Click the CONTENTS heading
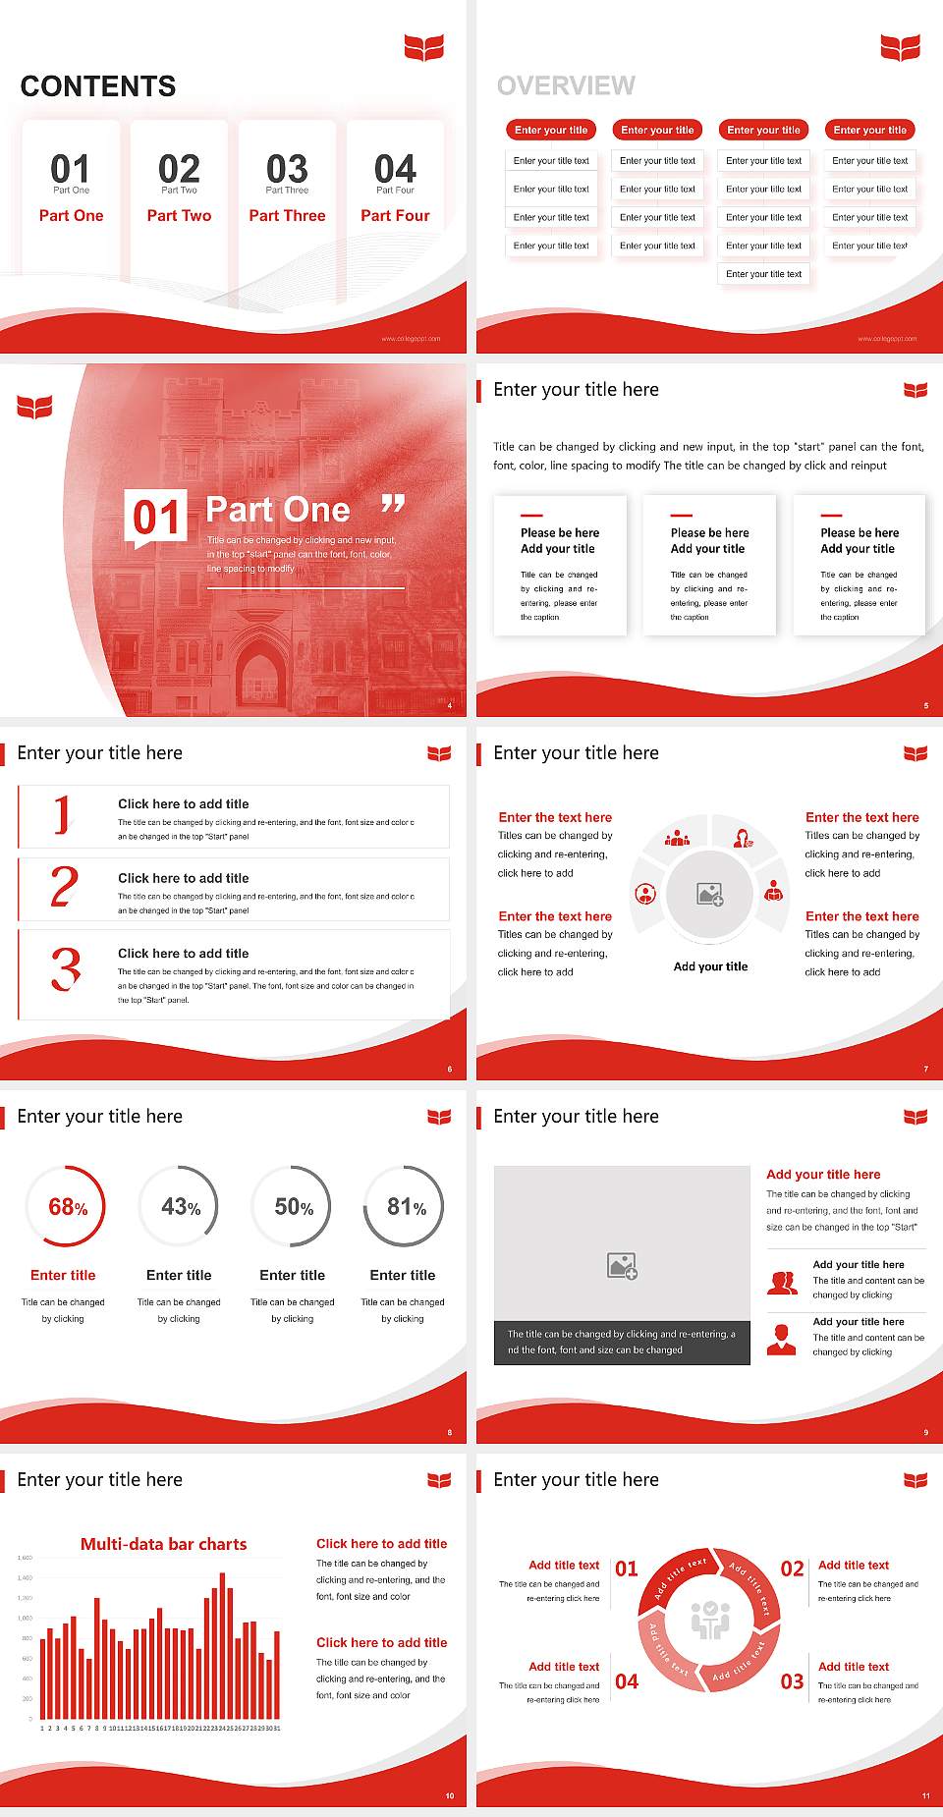(98, 86)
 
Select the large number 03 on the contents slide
(287, 169)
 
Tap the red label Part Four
(395, 215)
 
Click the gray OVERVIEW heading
(566, 86)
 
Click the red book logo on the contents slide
(424, 46)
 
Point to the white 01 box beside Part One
(156, 517)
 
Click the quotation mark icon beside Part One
(393, 505)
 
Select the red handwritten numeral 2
(65, 887)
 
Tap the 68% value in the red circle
(68, 1207)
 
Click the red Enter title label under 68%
(63, 1275)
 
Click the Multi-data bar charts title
(164, 1544)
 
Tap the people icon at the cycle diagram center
(710, 1620)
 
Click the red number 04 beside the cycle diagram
(627, 1681)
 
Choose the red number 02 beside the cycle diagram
(792, 1569)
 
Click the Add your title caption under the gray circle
(710, 966)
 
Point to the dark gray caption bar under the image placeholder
(622, 1343)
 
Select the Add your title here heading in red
(823, 1175)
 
